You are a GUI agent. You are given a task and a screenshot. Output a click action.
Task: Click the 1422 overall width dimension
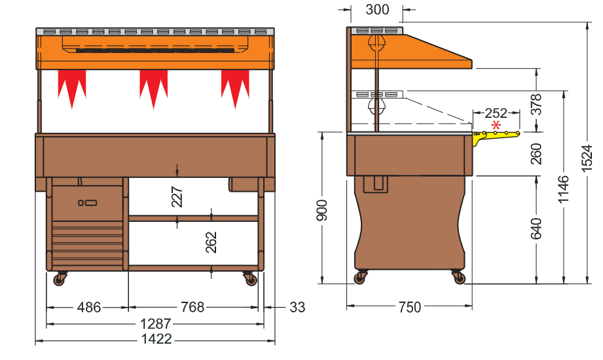[x=156, y=339]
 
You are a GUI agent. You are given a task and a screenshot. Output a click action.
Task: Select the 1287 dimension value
[x=155, y=324]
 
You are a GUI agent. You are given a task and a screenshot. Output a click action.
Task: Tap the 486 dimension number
[x=89, y=307]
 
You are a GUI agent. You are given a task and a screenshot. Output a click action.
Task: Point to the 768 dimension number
[x=192, y=307]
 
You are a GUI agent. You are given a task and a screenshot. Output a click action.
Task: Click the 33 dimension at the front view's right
[x=297, y=307]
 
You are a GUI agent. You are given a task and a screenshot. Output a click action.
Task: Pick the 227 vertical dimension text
[x=177, y=197]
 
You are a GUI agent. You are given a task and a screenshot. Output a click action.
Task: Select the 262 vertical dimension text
[x=211, y=242]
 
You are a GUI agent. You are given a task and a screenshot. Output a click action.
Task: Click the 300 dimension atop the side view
[x=377, y=10]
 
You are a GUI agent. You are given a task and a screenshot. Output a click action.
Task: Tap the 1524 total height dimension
[x=587, y=158]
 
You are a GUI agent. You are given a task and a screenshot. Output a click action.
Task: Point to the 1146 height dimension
[x=564, y=189]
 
